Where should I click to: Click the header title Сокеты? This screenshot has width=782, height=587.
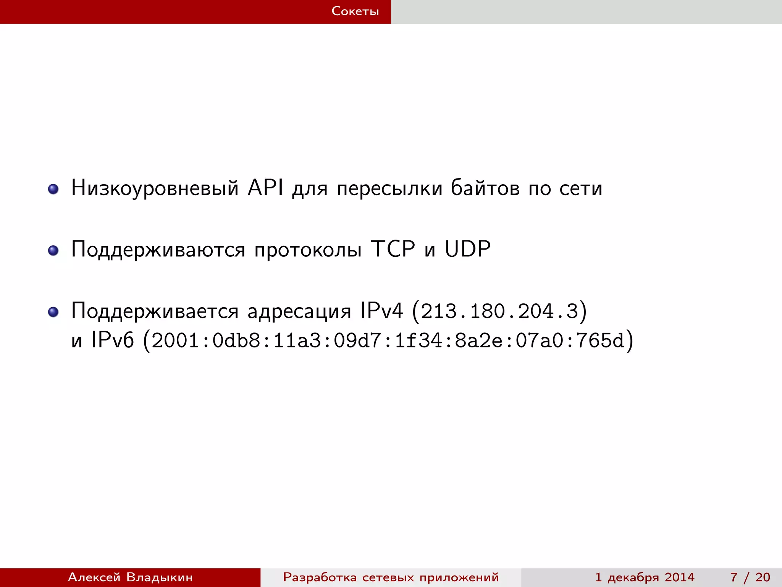click(x=355, y=11)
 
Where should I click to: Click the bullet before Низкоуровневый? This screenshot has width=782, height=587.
click(x=53, y=189)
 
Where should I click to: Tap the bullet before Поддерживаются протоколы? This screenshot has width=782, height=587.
click(x=53, y=250)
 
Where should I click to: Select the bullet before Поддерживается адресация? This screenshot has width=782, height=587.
click(x=53, y=312)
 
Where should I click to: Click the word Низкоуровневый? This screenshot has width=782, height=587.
click(x=155, y=188)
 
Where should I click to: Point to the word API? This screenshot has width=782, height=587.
click(x=265, y=188)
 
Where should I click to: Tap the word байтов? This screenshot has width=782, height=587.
click(x=485, y=188)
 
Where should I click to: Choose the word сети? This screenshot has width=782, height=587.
click(x=581, y=188)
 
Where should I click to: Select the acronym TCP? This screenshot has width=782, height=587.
click(x=393, y=249)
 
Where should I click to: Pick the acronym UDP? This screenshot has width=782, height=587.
click(x=468, y=249)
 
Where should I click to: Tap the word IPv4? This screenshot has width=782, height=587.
click(x=381, y=310)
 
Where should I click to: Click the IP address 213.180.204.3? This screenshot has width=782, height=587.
click(x=499, y=311)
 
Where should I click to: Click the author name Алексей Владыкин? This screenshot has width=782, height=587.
click(x=130, y=577)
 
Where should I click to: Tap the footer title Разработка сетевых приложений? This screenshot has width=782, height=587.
click(x=391, y=577)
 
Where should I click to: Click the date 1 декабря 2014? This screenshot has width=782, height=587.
click(x=645, y=577)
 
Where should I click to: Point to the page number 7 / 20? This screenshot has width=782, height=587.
click(x=750, y=577)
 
